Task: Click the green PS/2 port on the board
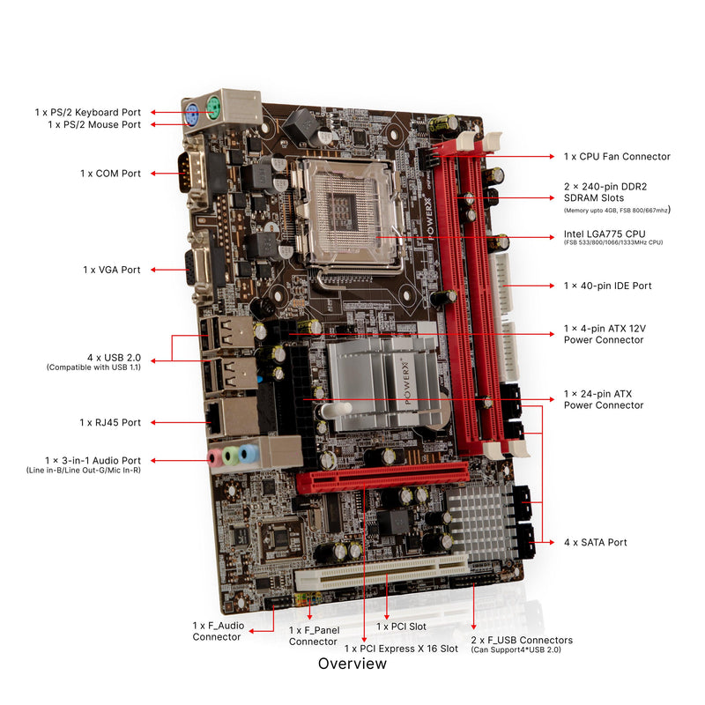212,111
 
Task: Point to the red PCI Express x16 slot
388,477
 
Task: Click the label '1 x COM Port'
110,174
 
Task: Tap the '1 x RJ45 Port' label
110,423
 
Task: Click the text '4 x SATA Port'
596,542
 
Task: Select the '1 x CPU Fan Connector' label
617,157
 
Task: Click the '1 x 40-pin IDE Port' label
608,286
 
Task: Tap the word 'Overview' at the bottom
352,664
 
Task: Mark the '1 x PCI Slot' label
402,627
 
